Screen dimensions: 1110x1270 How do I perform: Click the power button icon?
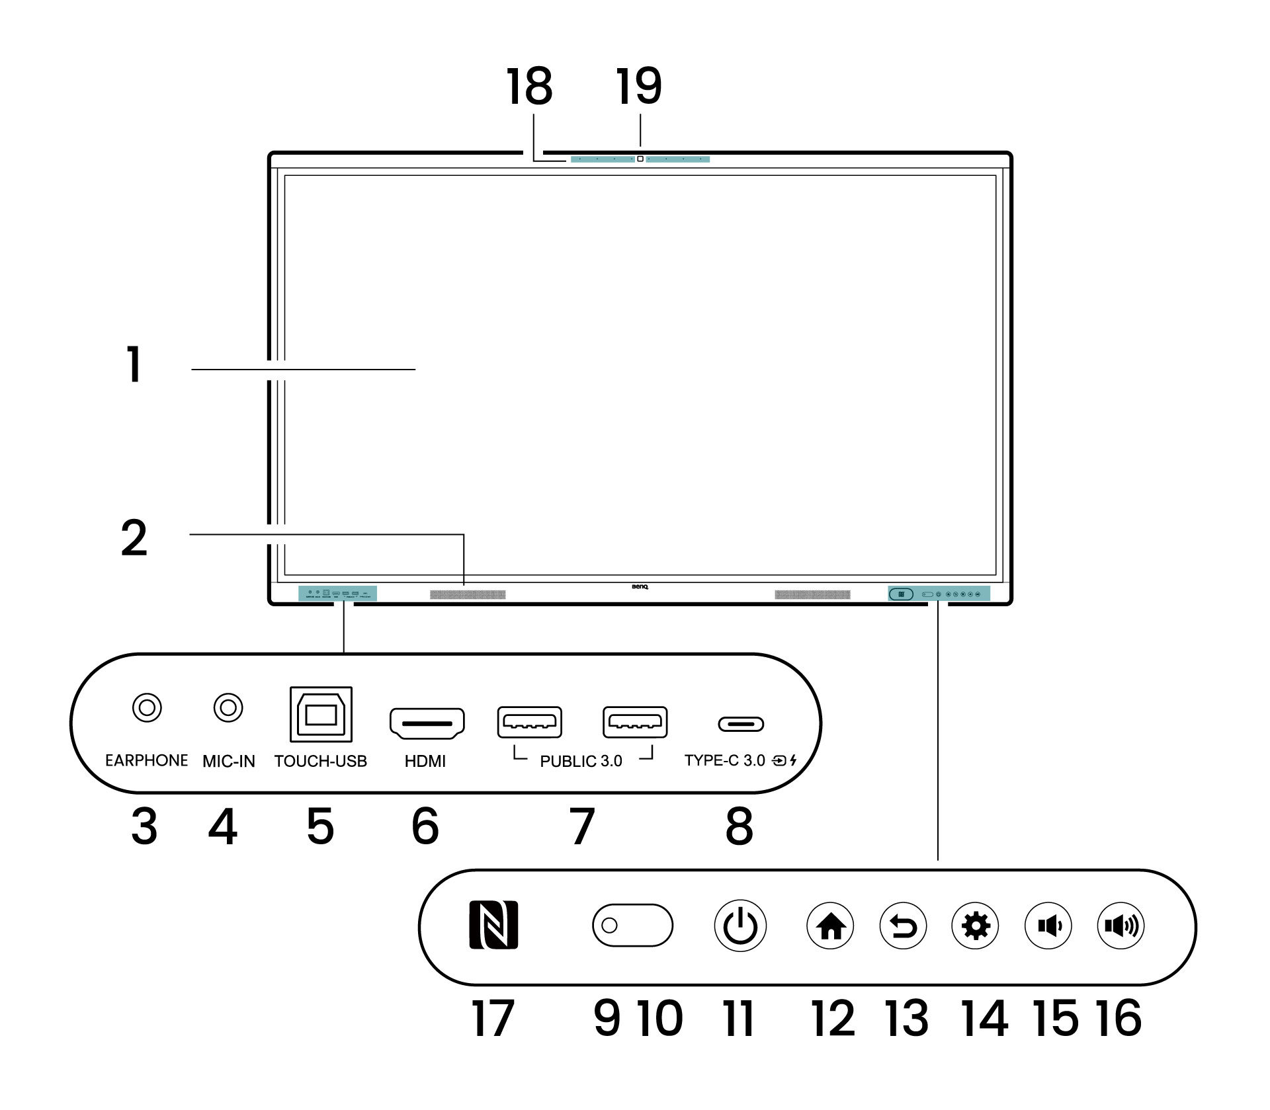[x=740, y=926]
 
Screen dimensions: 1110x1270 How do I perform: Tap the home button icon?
[x=830, y=926]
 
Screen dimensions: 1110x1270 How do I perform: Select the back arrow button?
[x=903, y=926]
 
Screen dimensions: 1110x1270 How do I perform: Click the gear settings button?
[x=976, y=926]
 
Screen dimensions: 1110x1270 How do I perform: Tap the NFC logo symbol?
[x=493, y=926]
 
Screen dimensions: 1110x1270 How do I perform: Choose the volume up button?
[x=1121, y=926]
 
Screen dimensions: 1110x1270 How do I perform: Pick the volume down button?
[x=1048, y=926]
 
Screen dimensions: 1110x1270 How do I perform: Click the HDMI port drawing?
[x=427, y=723]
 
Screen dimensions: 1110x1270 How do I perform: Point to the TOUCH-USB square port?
[x=321, y=715]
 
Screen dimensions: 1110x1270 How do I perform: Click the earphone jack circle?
[x=147, y=708]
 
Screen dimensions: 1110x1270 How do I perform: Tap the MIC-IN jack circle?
[x=228, y=708]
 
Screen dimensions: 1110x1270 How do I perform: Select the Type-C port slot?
[x=741, y=724]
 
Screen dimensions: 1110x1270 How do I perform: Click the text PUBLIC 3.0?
[x=581, y=762]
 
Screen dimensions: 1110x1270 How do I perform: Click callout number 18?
[x=529, y=87]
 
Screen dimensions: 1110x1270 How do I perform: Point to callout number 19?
[x=638, y=87]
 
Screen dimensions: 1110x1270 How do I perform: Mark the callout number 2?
[x=134, y=537]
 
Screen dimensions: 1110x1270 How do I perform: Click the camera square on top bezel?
[x=640, y=159]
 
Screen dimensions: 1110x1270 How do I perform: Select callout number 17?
[x=493, y=1019]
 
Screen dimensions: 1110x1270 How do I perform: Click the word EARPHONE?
[x=146, y=761]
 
